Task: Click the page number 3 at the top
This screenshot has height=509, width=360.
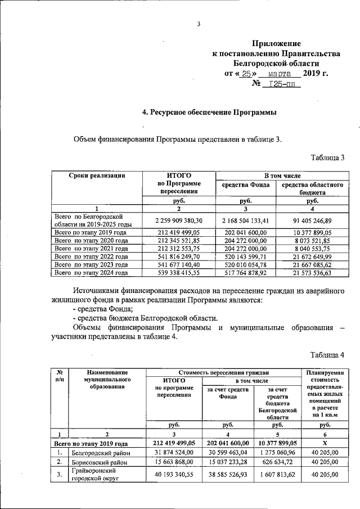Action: (x=199, y=23)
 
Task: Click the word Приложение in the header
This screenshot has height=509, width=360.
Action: (x=276, y=43)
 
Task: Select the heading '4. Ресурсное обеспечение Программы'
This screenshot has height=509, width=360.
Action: (x=210, y=112)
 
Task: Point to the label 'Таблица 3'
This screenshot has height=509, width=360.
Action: (x=327, y=157)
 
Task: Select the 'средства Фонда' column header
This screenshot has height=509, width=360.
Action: (x=245, y=184)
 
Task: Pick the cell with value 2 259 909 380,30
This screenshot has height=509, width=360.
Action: (x=179, y=220)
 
